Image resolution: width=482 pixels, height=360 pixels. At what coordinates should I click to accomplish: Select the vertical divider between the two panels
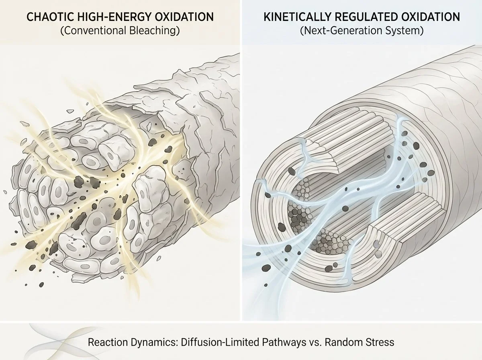[241, 161]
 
